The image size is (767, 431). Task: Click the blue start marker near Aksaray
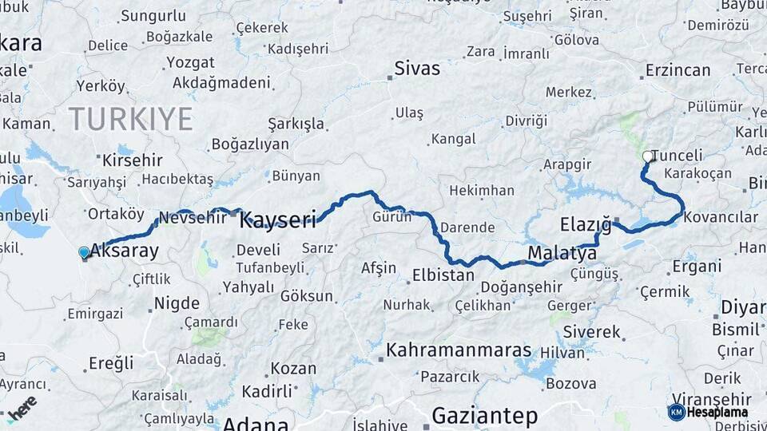click(84, 253)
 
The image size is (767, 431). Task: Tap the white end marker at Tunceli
click(647, 157)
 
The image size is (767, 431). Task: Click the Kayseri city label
click(278, 219)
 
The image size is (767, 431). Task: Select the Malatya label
click(562, 254)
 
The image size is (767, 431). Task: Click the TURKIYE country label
click(130, 119)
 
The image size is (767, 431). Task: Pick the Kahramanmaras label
click(459, 350)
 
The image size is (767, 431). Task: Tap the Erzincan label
click(678, 70)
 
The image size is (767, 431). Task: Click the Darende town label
click(467, 227)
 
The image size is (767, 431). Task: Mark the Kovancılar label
click(721, 217)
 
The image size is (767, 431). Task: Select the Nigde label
click(177, 302)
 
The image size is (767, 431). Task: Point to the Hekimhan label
click(482, 191)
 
